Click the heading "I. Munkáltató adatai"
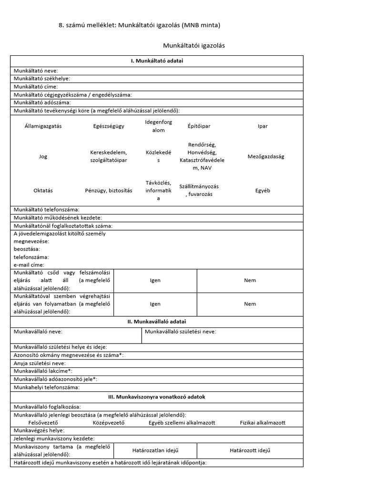pyautogui.click(x=157, y=61)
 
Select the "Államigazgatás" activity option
pyautogui.click(x=43, y=126)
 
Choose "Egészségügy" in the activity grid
pyautogui.click(x=109, y=126)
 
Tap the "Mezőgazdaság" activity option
pyautogui.click(x=266, y=156)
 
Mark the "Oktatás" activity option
pyautogui.click(x=43, y=190)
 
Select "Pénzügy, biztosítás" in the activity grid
pyautogui.click(x=109, y=190)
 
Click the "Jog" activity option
pyautogui.click(x=43, y=156)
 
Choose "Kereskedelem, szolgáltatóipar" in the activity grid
pyautogui.click(x=109, y=156)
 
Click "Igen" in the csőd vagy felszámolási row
pyautogui.click(x=155, y=281)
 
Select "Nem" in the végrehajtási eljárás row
pyautogui.click(x=250, y=304)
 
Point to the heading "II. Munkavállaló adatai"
pyautogui.click(x=157, y=322)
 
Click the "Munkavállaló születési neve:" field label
pyautogui.click(x=180, y=332)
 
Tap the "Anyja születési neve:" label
pyautogui.click(x=40, y=363)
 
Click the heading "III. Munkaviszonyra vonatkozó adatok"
pyautogui.click(x=157, y=396)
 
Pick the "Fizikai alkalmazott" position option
pyautogui.click(x=263, y=423)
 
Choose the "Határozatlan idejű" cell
pyautogui.click(x=155, y=450)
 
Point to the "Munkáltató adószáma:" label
pyautogui.click(x=42, y=102)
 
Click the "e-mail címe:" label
pyautogui.click(x=29, y=264)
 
